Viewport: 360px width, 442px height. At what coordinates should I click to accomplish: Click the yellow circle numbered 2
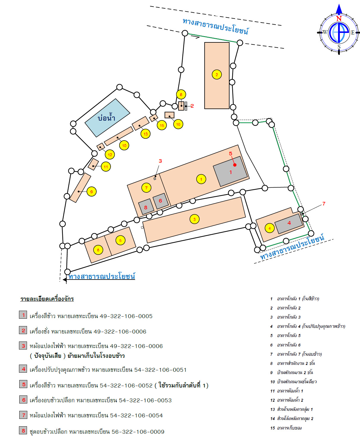[x=217, y=74]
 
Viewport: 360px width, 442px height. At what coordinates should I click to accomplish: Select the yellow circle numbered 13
[x=145, y=134]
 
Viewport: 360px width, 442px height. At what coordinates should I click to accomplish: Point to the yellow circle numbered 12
[x=110, y=154]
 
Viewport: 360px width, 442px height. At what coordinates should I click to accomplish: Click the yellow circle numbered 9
[x=91, y=192]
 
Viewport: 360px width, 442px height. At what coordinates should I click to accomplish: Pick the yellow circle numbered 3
[x=194, y=219]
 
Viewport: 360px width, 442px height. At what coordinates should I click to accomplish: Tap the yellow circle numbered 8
[x=181, y=94]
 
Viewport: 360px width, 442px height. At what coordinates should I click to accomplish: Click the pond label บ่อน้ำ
[x=106, y=117]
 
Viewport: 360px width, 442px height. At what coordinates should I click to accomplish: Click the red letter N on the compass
[x=339, y=19]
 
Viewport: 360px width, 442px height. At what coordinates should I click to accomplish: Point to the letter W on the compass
[x=325, y=32]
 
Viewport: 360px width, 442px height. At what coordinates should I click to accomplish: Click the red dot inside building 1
[x=235, y=165]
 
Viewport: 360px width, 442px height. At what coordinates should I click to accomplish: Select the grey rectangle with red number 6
[x=160, y=201]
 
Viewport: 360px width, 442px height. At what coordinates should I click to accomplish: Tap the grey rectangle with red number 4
[x=289, y=224]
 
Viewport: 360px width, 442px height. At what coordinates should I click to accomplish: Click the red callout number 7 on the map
[x=324, y=204]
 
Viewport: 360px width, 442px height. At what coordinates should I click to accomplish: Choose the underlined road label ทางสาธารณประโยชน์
[x=102, y=276]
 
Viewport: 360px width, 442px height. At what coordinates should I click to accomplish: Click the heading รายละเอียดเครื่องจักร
[x=47, y=299]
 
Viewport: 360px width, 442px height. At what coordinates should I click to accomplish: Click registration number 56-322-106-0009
[x=138, y=432]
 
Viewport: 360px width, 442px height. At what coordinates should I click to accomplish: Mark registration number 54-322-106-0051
[x=160, y=370]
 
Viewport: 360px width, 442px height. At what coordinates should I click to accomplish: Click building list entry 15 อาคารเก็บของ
[x=286, y=428]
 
